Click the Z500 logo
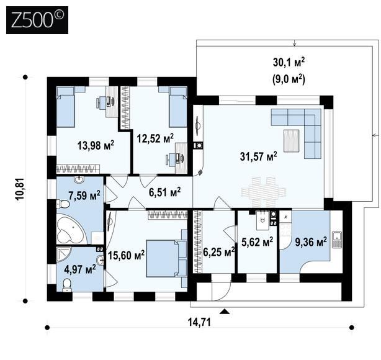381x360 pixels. click(x=37, y=20)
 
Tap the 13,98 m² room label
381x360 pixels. click(x=96, y=145)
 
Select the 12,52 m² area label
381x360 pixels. click(x=155, y=138)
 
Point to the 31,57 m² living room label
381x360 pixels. click(x=259, y=156)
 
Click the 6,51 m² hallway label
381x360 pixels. click(x=164, y=192)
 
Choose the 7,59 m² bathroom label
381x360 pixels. click(x=84, y=195)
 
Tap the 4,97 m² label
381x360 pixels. click(x=80, y=269)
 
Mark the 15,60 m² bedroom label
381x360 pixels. click(x=126, y=255)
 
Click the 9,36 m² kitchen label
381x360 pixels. click(x=311, y=241)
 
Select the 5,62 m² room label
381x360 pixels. click(x=258, y=241)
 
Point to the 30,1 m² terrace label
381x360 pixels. click(x=289, y=62)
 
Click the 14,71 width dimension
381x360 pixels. click(x=199, y=322)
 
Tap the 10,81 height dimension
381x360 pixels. click(x=20, y=189)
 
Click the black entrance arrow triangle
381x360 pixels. click(x=225, y=312)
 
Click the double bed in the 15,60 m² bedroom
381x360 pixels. click(x=166, y=258)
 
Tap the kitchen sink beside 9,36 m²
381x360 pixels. click(x=337, y=240)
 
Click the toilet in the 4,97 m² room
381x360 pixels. click(x=66, y=286)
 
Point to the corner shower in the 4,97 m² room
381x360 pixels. click(x=64, y=254)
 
